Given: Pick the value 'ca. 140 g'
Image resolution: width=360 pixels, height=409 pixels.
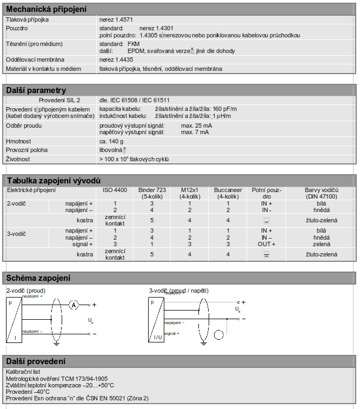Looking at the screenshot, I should [111, 141].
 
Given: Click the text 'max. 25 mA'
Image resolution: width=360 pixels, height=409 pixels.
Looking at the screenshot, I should [197, 126].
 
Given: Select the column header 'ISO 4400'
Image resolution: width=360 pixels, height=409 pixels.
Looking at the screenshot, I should [115, 190].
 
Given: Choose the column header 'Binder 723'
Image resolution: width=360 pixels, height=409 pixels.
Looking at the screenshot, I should [152, 190].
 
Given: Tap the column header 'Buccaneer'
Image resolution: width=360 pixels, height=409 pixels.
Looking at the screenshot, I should [228, 190].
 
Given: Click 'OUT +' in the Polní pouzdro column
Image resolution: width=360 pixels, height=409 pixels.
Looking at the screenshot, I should [266, 244].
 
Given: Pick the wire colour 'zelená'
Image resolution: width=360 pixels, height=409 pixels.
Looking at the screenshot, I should [321, 244].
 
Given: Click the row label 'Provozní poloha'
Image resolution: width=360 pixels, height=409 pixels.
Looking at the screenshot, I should [26, 150].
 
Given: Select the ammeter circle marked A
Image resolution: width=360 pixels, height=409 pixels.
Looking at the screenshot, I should [73, 306].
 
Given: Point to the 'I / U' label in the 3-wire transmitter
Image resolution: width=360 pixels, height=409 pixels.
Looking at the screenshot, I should [158, 337].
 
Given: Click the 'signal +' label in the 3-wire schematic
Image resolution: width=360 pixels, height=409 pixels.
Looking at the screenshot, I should [171, 333].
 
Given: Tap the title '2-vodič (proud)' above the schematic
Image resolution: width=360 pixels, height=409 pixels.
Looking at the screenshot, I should [26, 291].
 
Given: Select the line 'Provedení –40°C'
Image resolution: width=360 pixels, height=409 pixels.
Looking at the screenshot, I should [28, 392].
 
